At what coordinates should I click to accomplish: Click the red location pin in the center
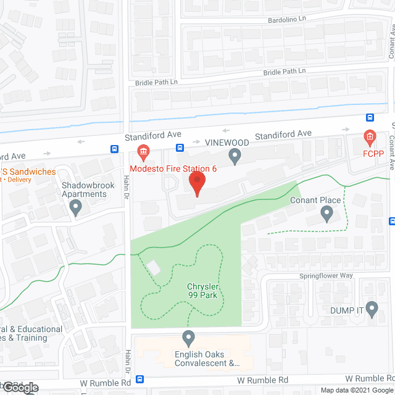197,184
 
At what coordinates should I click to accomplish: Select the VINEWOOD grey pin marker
235,157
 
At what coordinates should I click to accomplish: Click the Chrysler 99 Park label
204,291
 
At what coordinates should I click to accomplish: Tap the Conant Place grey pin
327,214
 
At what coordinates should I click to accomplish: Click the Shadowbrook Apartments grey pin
76,207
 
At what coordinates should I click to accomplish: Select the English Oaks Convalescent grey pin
189,338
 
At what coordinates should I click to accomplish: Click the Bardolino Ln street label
286,20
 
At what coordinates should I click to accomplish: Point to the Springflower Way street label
326,276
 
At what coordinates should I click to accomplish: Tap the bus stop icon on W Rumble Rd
140,380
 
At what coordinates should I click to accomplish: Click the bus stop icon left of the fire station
115,149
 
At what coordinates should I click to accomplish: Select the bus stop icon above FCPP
370,118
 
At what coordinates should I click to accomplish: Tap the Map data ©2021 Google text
355,390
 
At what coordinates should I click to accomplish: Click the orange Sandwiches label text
28,172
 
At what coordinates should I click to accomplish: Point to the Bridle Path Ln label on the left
157,82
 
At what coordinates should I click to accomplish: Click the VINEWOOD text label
227,143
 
